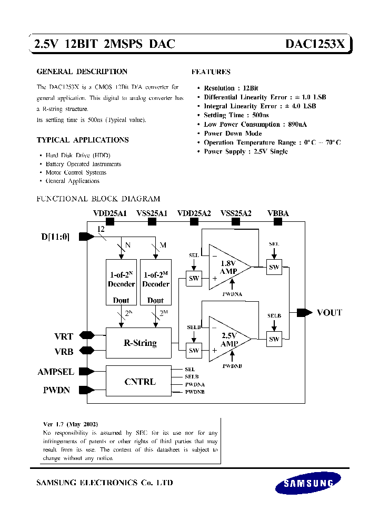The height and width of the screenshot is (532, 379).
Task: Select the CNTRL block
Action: pos(139,382)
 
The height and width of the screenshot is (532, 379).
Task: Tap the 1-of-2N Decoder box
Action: pos(121,282)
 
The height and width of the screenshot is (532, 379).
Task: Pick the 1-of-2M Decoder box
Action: pos(156,282)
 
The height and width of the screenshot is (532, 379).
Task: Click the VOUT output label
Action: pos(329,312)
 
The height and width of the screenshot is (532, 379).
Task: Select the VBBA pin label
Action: pos(278,213)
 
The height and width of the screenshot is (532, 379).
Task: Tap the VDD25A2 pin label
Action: pos(194,213)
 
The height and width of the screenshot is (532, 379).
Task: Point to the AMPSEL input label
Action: pos(56,372)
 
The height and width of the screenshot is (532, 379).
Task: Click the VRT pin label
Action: pos(63,335)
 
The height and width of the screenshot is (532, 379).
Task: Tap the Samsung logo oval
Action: pos(308,483)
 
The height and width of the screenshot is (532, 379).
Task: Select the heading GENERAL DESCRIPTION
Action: pos(82,71)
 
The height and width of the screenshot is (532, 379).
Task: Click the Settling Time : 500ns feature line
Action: pos(236,115)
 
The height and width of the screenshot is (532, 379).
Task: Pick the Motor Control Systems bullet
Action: pos(76,172)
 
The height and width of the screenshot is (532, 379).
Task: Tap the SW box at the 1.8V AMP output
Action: pos(274,267)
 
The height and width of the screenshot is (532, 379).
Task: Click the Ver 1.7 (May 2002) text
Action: pos(70,424)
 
